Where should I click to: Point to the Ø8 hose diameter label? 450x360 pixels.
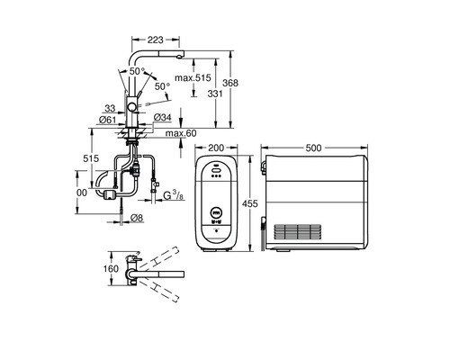coord(136,217)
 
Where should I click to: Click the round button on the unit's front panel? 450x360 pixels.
coord(216,214)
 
